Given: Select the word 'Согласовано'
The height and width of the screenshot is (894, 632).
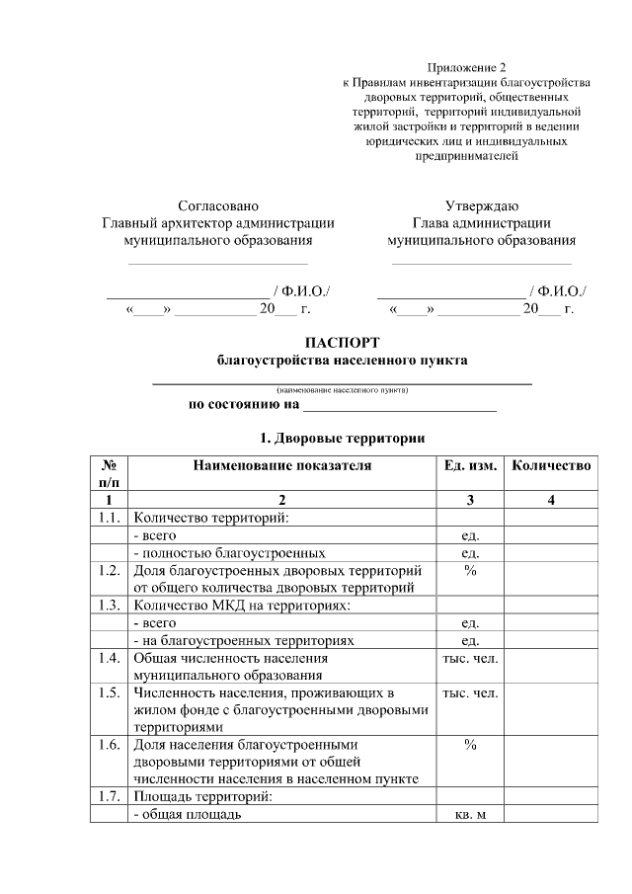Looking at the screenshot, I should click(x=218, y=206).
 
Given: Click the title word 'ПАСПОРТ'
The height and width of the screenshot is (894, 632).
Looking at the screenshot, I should click(x=342, y=343).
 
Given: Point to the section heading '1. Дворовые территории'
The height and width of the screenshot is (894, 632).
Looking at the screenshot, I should click(x=342, y=437).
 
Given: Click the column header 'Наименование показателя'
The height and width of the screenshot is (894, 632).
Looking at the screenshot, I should click(x=281, y=465).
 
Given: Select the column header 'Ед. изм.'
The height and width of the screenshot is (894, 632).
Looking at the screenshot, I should click(x=470, y=465).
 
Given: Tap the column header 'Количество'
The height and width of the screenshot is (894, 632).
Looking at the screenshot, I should click(x=551, y=465).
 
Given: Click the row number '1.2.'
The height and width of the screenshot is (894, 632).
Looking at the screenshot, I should click(x=110, y=571).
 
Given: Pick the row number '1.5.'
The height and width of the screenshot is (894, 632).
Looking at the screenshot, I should click(x=110, y=693).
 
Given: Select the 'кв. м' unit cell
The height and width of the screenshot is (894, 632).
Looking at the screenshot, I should click(x=470, y=815).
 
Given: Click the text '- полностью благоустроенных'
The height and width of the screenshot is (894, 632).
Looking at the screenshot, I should click(x=229, y=553).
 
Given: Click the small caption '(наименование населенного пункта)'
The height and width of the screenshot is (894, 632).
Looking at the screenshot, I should click(x=342, y=390).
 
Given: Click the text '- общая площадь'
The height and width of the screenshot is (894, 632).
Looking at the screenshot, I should click(x=188, y=815).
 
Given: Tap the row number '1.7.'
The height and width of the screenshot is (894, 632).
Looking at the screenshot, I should click(x=110, y=797).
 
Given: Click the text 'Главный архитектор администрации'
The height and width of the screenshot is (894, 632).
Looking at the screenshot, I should click(x=218, y=223).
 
